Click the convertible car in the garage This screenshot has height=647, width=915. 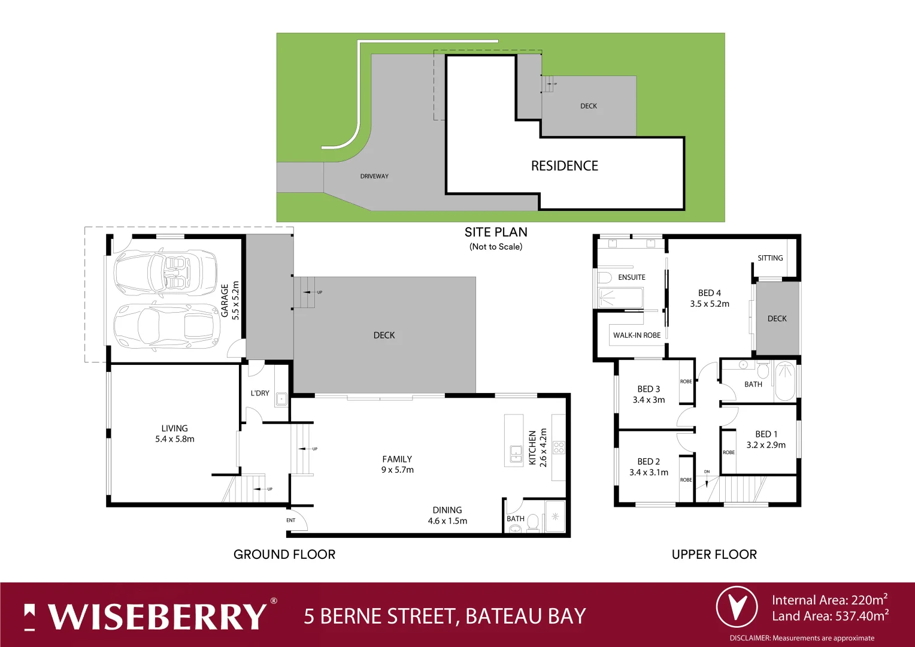(x=165, y=273)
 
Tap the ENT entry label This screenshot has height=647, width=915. (x=290, y=520)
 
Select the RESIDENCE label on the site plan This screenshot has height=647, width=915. (x=564, y=166)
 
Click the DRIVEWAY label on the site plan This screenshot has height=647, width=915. (x=374, y=176)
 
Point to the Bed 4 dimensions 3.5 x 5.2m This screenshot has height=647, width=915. (x=710, y=304)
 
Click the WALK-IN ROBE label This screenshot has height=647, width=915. (x=637, y=335)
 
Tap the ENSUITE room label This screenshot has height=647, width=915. (x=631, y=277)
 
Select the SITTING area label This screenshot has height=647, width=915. (x=770, y=258)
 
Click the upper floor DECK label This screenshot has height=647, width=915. (x=777, y=319)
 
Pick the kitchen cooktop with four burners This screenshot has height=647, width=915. (x=558, y=447)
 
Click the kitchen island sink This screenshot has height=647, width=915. (x=515, y=453)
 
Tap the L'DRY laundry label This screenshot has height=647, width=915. (x=260, y=393)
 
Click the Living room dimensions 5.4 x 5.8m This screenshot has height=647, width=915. (x=174, y=439)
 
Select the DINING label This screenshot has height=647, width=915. (x=447, y=510)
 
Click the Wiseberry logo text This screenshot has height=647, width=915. (x=157, y=616)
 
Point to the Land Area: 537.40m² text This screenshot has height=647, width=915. (x=829, y=616)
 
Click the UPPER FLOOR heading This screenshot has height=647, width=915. (x=714, y=554)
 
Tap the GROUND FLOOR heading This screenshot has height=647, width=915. (x=284, y=554)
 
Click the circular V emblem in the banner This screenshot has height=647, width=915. (x=737, y=607)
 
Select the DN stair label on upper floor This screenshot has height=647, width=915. (x=707, y=472)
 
